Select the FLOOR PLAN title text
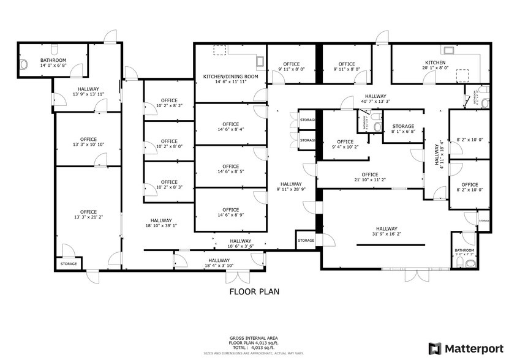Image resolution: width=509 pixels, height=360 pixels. [254, 291]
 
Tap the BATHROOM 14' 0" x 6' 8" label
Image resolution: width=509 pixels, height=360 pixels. [53, 62]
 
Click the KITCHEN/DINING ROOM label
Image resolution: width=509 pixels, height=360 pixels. [230, 79]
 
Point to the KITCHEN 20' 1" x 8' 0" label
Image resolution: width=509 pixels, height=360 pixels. [435, 66]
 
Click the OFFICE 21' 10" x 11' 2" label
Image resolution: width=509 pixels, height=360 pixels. [369, 177]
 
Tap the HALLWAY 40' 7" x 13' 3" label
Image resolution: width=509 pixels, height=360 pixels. [375, 99]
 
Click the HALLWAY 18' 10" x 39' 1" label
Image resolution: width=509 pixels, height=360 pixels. [161, 223]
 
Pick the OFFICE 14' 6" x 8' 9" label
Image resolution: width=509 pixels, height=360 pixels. [230, 212]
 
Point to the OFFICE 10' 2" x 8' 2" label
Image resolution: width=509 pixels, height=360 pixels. [169, 103]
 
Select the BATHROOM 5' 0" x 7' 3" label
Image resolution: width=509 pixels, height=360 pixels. [464, 252]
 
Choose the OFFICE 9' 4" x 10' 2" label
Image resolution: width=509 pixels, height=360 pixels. [345, 144]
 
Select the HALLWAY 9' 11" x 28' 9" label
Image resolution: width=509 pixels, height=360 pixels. [291, 187]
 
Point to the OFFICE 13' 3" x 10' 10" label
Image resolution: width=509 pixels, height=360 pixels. [88, 142]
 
